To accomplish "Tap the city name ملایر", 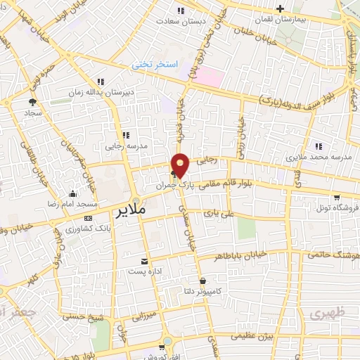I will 131,210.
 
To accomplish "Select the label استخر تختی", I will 156,65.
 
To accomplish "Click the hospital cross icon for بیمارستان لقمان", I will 281,9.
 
